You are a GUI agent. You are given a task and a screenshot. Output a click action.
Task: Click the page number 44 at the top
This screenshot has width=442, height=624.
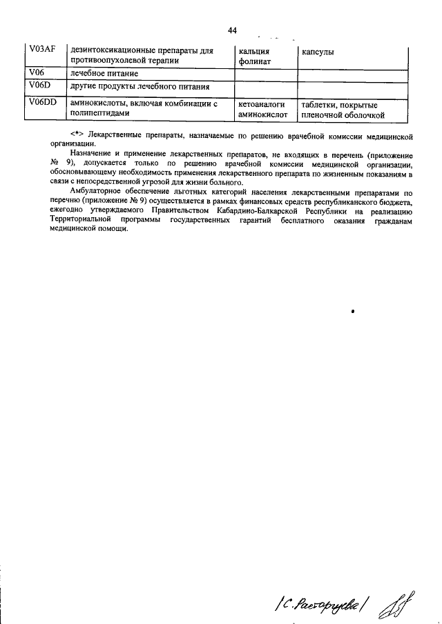coord(232,30)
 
